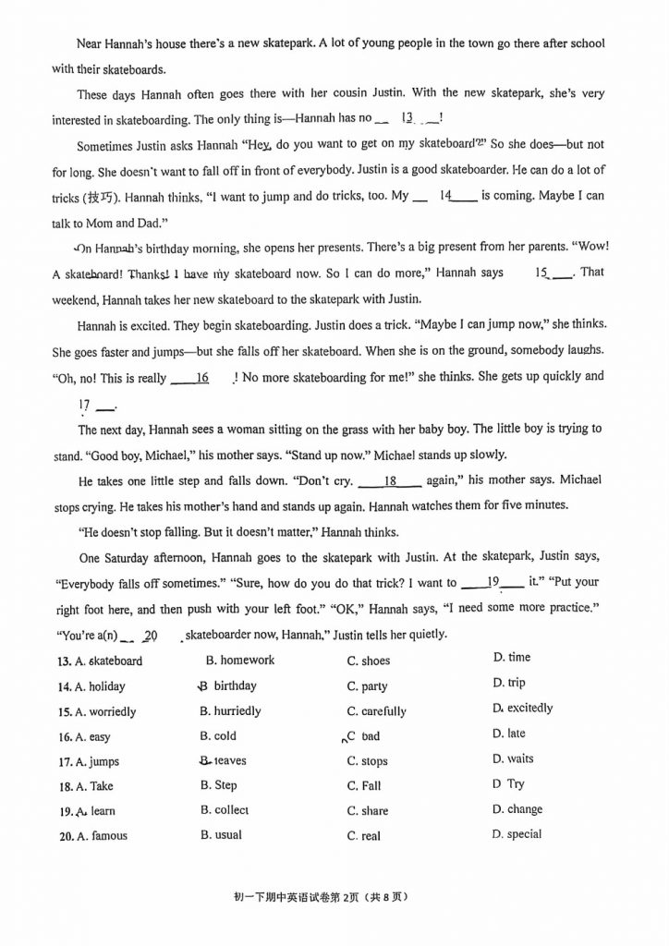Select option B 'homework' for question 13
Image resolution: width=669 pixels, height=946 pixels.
(x=239, y=660)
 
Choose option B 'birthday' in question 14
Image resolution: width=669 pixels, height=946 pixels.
(x=235, y=685)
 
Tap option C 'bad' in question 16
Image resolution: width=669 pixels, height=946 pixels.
(x=370, y=736)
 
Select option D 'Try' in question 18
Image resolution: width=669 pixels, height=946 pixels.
(x=515, y=784)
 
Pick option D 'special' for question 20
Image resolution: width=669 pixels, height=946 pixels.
(x=523, y=834)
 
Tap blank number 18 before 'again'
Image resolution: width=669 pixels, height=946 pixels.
(x=389, y=481)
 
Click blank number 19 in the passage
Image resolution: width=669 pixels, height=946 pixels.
(x=492, y=583)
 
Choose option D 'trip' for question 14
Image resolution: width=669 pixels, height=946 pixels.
(x=516, y=683)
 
